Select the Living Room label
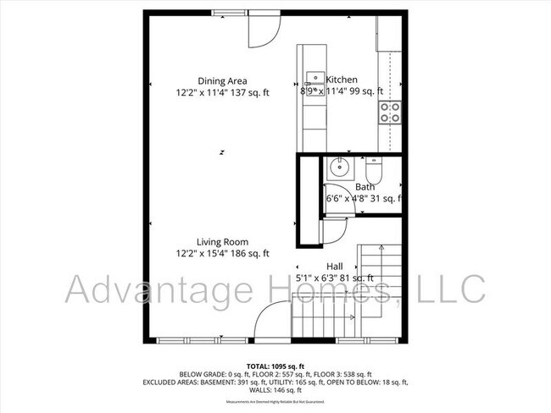(222, 241)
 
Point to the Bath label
(365, 187)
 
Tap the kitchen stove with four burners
(389, 113)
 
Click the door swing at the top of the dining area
(261, 29)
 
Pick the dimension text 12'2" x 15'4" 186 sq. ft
(222, 253)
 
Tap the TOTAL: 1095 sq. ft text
(275, 366)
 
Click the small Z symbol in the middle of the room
(221, 152)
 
